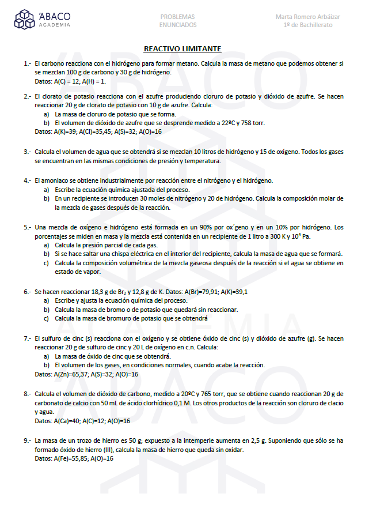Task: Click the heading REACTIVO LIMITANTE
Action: pos(182,49)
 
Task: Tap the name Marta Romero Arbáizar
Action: pos(307,17)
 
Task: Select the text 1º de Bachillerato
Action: pos(308,25)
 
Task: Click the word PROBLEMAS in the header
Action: pos(177,17)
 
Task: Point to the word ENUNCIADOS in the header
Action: pos(177,25)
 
